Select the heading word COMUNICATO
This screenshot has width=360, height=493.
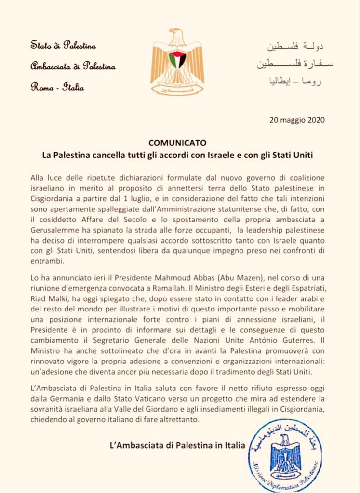click(x=177, y=143)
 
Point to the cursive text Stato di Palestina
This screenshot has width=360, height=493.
click(x=63, y=46)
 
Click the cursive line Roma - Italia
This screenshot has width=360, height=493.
click(x=57, y=87)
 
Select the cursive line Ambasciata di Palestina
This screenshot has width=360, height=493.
click(x=73, y=66)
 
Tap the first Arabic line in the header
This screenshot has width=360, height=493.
click(x=295, y=47)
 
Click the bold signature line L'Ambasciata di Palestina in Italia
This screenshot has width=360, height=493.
click(x=178, y=445)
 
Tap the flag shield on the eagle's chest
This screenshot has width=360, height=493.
click(x=177, y=60)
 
